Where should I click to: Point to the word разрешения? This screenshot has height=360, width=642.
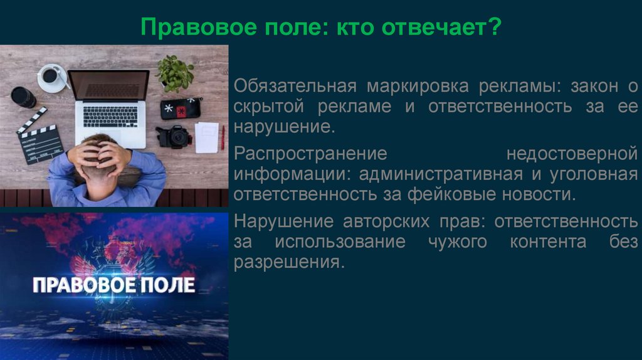point(289,262)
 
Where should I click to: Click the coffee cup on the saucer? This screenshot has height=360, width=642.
point(50,76)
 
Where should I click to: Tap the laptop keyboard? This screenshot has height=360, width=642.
point(110,115)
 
